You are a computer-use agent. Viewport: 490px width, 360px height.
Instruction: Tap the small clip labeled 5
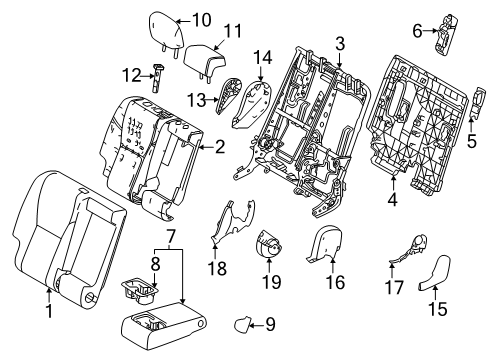click(475, 130)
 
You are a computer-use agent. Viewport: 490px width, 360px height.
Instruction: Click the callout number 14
click(263, 56)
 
